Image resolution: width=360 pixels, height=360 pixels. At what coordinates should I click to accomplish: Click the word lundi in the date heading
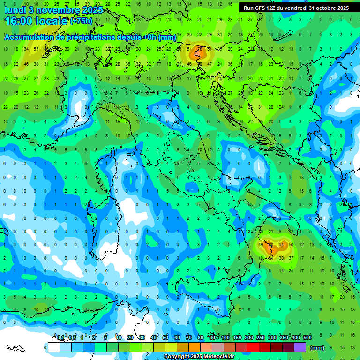tap(16, 9)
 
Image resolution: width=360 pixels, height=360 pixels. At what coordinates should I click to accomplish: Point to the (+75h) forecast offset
tap(81, 21)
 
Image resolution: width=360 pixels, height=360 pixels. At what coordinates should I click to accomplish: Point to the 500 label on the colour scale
tap(307, 338)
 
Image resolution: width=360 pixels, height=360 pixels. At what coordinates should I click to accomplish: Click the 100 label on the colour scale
tap(225, 338)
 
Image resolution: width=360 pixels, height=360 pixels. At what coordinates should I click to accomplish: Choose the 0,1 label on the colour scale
tap(60, 338)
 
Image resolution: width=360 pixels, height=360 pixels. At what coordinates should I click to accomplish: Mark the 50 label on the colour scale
tap(165, 338)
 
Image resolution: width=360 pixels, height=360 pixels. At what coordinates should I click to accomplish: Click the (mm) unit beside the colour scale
tap(317, 348)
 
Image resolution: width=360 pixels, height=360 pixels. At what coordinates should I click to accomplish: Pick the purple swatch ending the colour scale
tap(300, 347)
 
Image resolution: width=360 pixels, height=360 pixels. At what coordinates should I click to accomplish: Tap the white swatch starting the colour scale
tap(53, 347)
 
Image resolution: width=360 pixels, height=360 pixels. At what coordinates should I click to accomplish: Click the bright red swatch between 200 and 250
tap(253, 347)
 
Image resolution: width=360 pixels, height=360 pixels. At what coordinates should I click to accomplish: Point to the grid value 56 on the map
tap(291, 245)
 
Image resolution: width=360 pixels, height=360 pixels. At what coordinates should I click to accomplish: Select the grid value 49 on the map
tap(261, 245)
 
